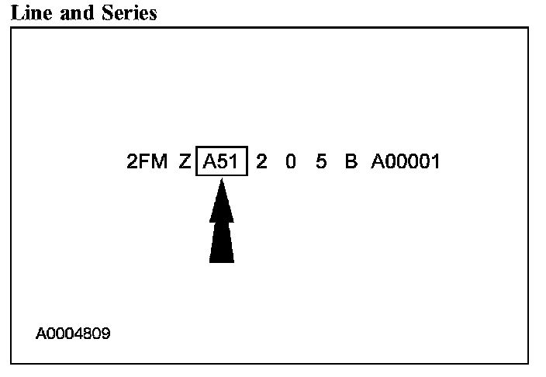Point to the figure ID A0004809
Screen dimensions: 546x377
(73, 334)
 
